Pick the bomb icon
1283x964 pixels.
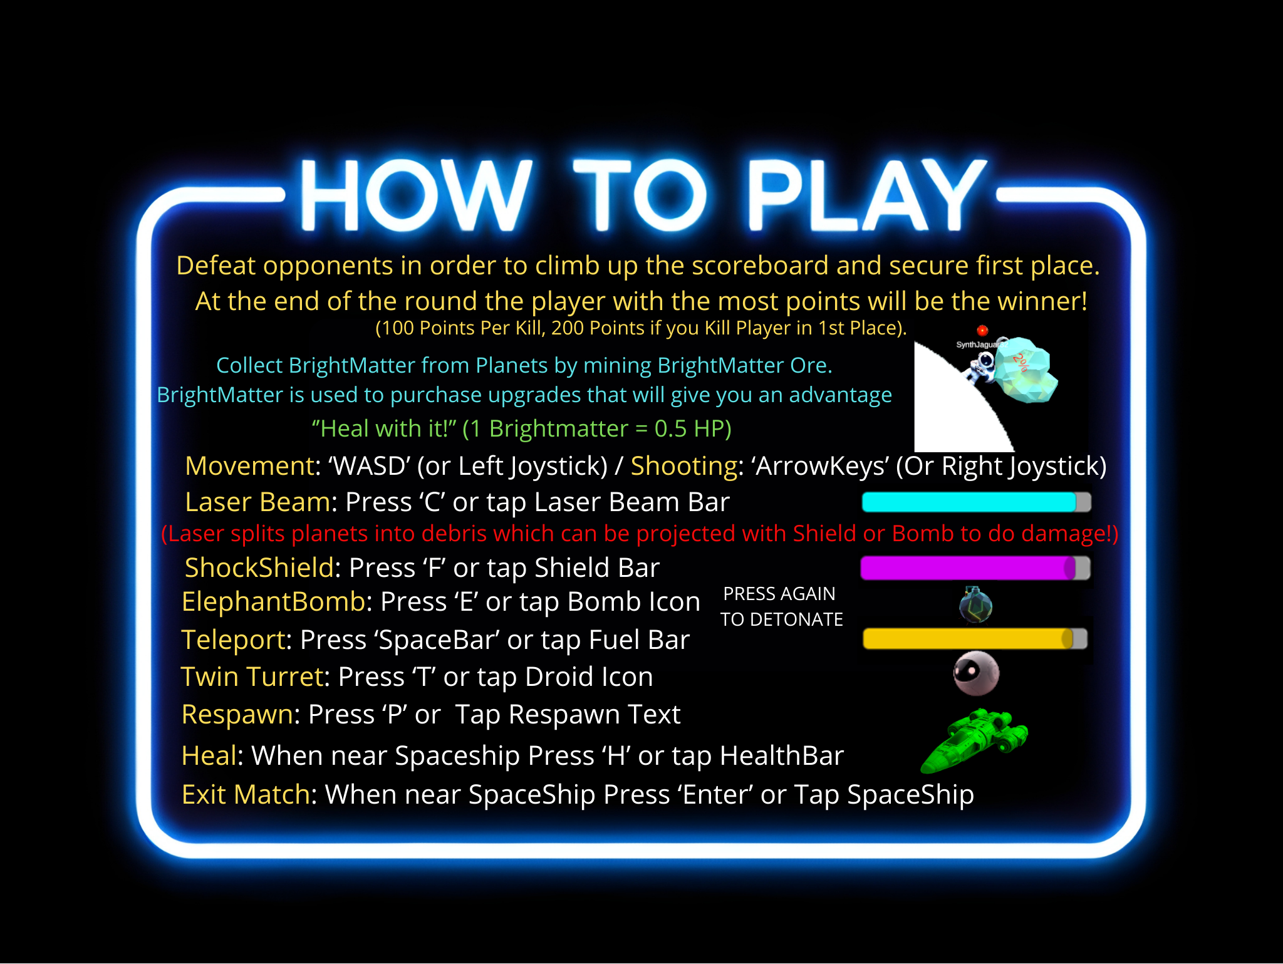click(975, 605)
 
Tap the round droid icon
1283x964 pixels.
click(975, 673)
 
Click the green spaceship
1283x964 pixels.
click(974, 739)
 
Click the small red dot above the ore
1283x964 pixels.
click(982, 330)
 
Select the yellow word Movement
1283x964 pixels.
click(249, 466)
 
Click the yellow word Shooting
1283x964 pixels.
click(683, 466)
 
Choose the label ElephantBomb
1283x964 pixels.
click(273, 602)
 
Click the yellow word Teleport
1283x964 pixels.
click(233, 640)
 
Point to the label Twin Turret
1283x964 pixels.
click(252, 677)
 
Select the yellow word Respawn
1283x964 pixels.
click(237, 715)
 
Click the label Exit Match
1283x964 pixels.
click(246, 795)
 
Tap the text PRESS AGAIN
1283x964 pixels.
click(779, 594)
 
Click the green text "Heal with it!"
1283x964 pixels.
click(384, 429)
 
